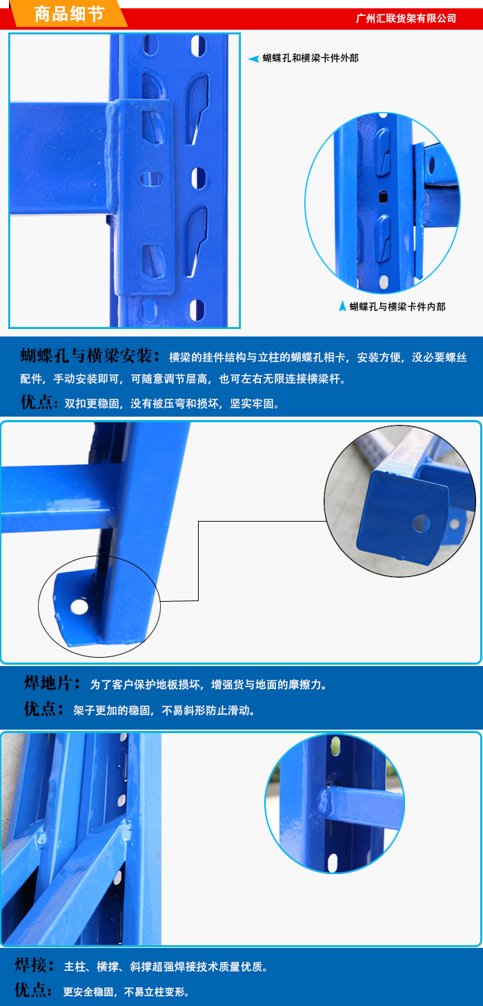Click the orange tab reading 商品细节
tap(68, 14)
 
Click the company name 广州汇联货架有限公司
tap(406, 19)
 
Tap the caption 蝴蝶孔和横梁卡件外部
tap(310, 58)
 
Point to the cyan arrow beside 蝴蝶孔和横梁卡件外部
tap(254, 58)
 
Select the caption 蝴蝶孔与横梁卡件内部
tap(397, 307)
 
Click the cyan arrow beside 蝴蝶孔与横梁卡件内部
tap(343, 306)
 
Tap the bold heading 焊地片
tap(48, 683)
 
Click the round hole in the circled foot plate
tap(79, 607)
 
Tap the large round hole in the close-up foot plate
tap(422, 523)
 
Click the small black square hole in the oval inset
tap(383, 196)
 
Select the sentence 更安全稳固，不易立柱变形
tap(126, 991)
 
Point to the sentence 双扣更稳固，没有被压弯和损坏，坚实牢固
tap(171, 404)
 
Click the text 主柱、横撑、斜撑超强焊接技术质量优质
tap(166, 967)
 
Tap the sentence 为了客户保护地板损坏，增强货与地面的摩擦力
tap(208, 685)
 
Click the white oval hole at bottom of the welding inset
tap(333, 862)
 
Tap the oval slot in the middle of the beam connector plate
tap(152, 178)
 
